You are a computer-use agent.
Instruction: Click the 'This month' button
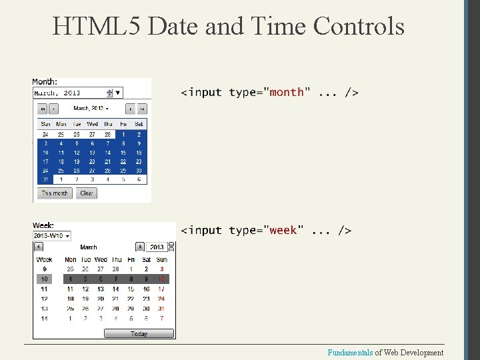click(x=55, y=193)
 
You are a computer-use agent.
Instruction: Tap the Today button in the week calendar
click(x=139, y=334)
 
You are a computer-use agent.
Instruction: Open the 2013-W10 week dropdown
click(x=53, y=235)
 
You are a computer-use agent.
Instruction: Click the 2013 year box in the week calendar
click(x=157, y=247)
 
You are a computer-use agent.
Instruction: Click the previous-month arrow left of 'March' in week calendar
click(x=39, y=247)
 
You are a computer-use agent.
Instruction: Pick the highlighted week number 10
click(x=44, y=279)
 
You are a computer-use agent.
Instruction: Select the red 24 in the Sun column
click(x=161, y=299)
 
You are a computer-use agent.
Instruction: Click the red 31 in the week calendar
click(x=161, y=309)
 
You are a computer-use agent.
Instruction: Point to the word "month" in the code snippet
click(x=287, y=92)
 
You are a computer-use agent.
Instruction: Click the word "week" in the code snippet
click(x=283, y=230)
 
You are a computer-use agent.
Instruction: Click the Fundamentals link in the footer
click(x=350, y=352)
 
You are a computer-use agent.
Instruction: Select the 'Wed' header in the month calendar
click(x=92, y=124)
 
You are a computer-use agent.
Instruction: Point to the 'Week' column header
click(x=44, y=259)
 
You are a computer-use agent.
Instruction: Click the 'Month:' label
click(x=45, y=81)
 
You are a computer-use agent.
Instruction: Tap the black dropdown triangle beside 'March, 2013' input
click(x=118, y=93)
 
